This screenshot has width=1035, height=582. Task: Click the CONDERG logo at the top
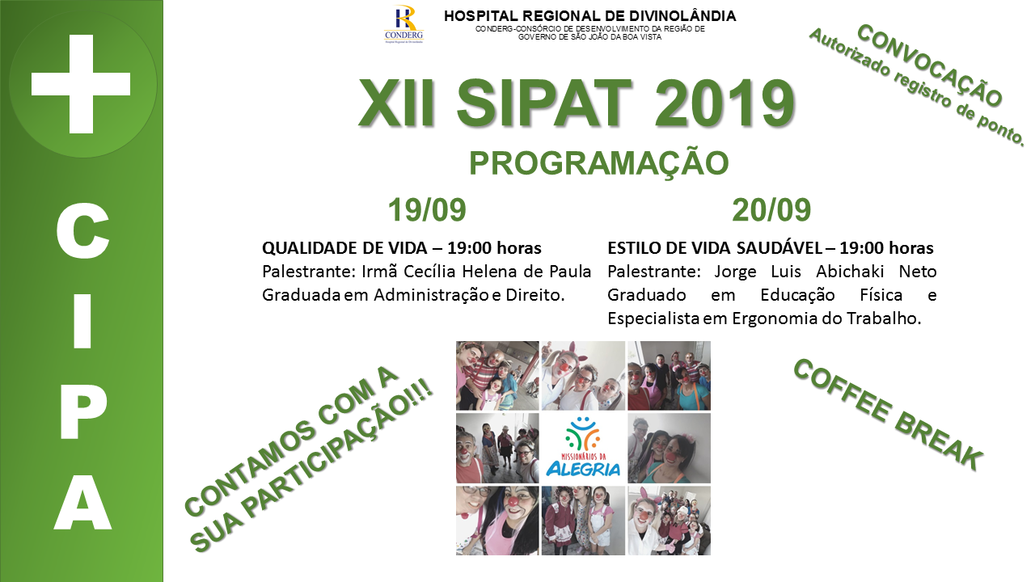tap(403, 24)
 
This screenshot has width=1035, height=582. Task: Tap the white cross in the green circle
tap(81, 84)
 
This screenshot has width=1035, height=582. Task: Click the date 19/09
tap(427, 210)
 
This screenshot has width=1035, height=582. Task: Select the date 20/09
tap(771, 210)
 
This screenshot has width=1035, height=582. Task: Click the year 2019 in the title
tap(724, 103)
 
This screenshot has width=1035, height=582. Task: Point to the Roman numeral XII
tap(397, 103)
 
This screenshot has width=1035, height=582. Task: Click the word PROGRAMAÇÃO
tap(599, 162)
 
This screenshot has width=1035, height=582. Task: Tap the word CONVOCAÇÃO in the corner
tap(930, 65)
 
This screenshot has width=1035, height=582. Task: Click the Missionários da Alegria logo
tap(583, 448)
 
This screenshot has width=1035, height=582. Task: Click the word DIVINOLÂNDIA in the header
tap(682, 15)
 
